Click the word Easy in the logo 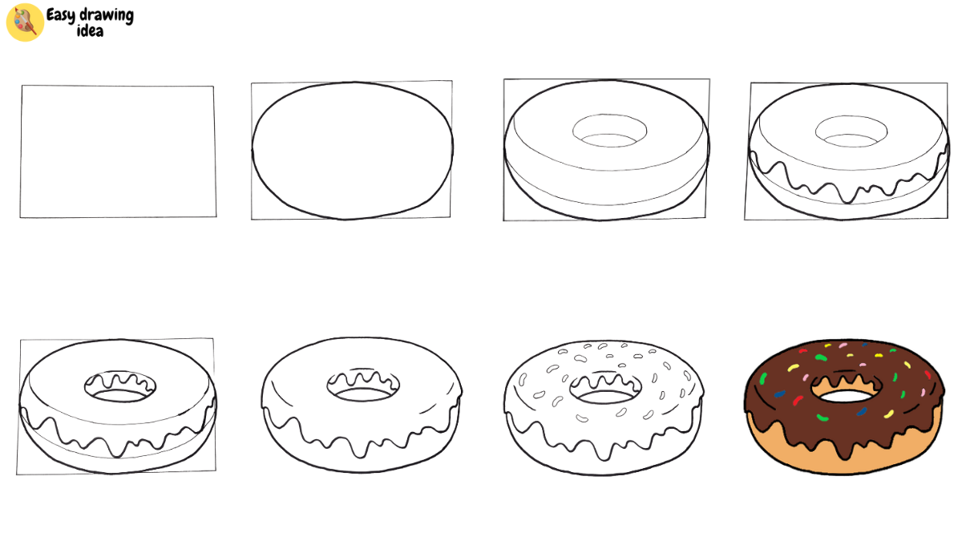(x=61, y=15)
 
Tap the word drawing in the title (x=106, y=15)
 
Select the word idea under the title (x=90, y=30)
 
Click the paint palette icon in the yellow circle (x=24, y=22)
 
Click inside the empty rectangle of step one (x=118, y=151)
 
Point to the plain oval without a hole (x=353, y=151)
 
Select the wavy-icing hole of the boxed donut (x=120, y=389)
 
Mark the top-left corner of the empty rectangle (x=22, y=86)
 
